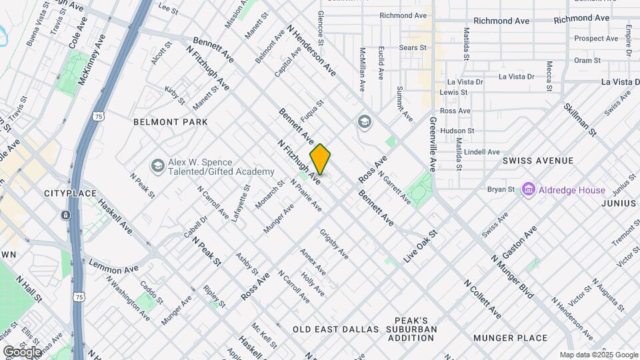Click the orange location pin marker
coord(320,159)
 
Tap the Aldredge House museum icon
coord(529,190)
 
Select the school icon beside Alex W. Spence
coord(157,166)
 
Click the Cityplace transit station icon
coord(66,215)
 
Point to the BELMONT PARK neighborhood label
coord(171,122)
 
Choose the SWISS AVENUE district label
coord(538,161)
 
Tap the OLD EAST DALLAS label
coord(335,329)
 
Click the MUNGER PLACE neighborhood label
coord(510,338)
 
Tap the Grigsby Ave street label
coord(334,245)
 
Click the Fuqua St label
coord(311,109)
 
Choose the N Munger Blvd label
coord(513,277)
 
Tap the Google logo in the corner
coord(22,351)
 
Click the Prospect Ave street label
coord(597,39)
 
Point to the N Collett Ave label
coord(482,298)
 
